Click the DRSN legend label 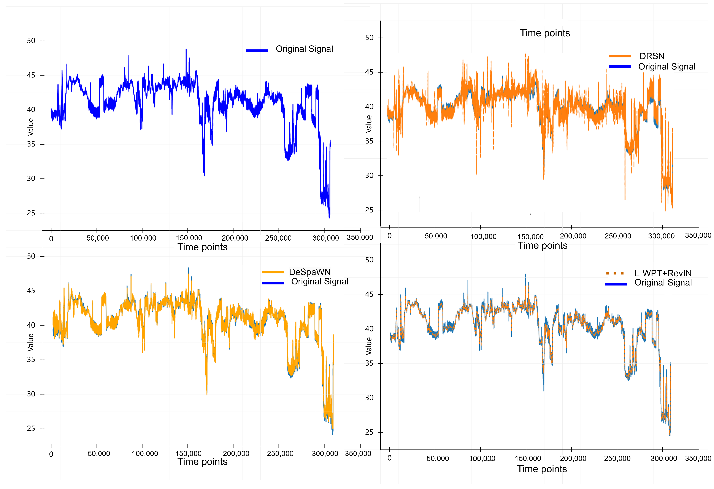[x=652, y=56]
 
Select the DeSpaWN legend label [x=310, y=272]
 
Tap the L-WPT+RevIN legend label [x=663, y=273]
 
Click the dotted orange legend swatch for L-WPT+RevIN [x=615, y=273]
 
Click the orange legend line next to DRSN [x=620, y=56]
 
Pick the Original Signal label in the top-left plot [x=304, y=49]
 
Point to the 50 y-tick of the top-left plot [x=31, y=41]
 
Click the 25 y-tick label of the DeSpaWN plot [x=31, y=429]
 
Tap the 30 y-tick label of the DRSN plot [x=369, y=176]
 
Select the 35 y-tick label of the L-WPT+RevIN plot [x=369, y=363]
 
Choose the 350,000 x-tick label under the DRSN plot [x=698, y=235]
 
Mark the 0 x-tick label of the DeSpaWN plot [x=51, y=454]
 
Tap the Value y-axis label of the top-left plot [x=30, y=127]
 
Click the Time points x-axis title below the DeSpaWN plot [x=202, y=462]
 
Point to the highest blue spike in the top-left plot [x=186, y=49]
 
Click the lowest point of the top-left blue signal [x=329, y=218]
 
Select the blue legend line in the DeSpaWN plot [x=273, y=283]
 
